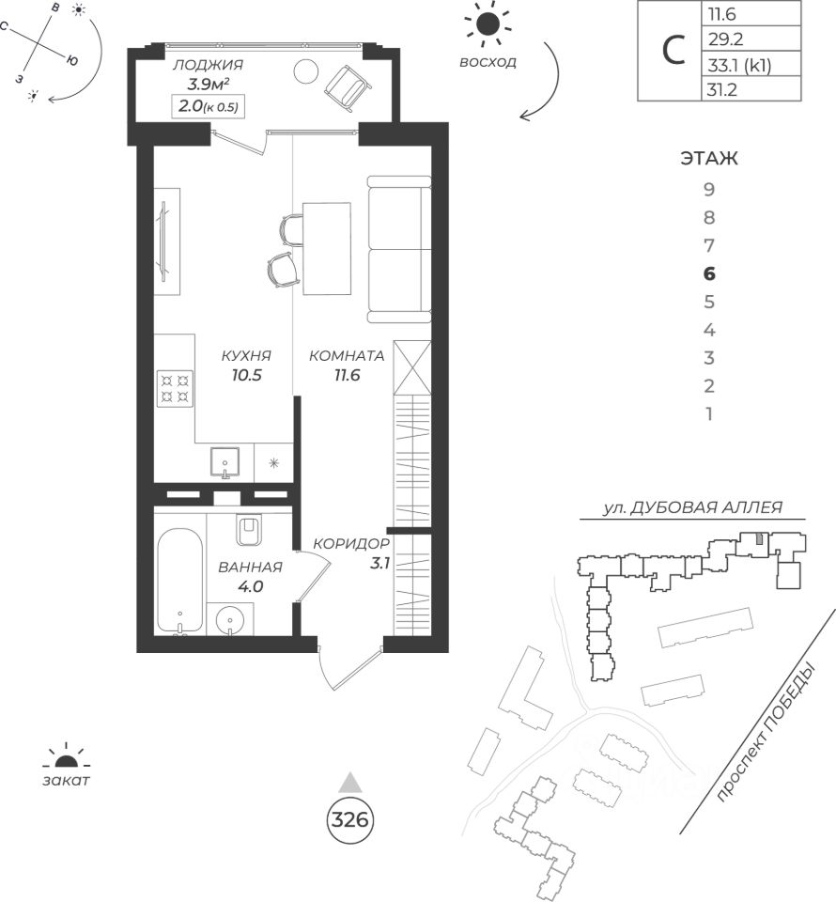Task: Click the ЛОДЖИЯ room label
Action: coord(209,65)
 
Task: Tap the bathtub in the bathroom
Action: coord(178,583)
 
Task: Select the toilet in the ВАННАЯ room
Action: coord(250,532)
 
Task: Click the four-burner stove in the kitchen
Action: coord(175,388)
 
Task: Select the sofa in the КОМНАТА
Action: coord(398,248)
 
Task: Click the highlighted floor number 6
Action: coord(710,274)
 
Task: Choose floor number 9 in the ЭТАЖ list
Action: coord(710,190)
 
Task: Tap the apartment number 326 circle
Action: coord(349,819)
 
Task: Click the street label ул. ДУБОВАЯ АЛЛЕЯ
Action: coord(693,508)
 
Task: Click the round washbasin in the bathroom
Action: coord(231,622)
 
